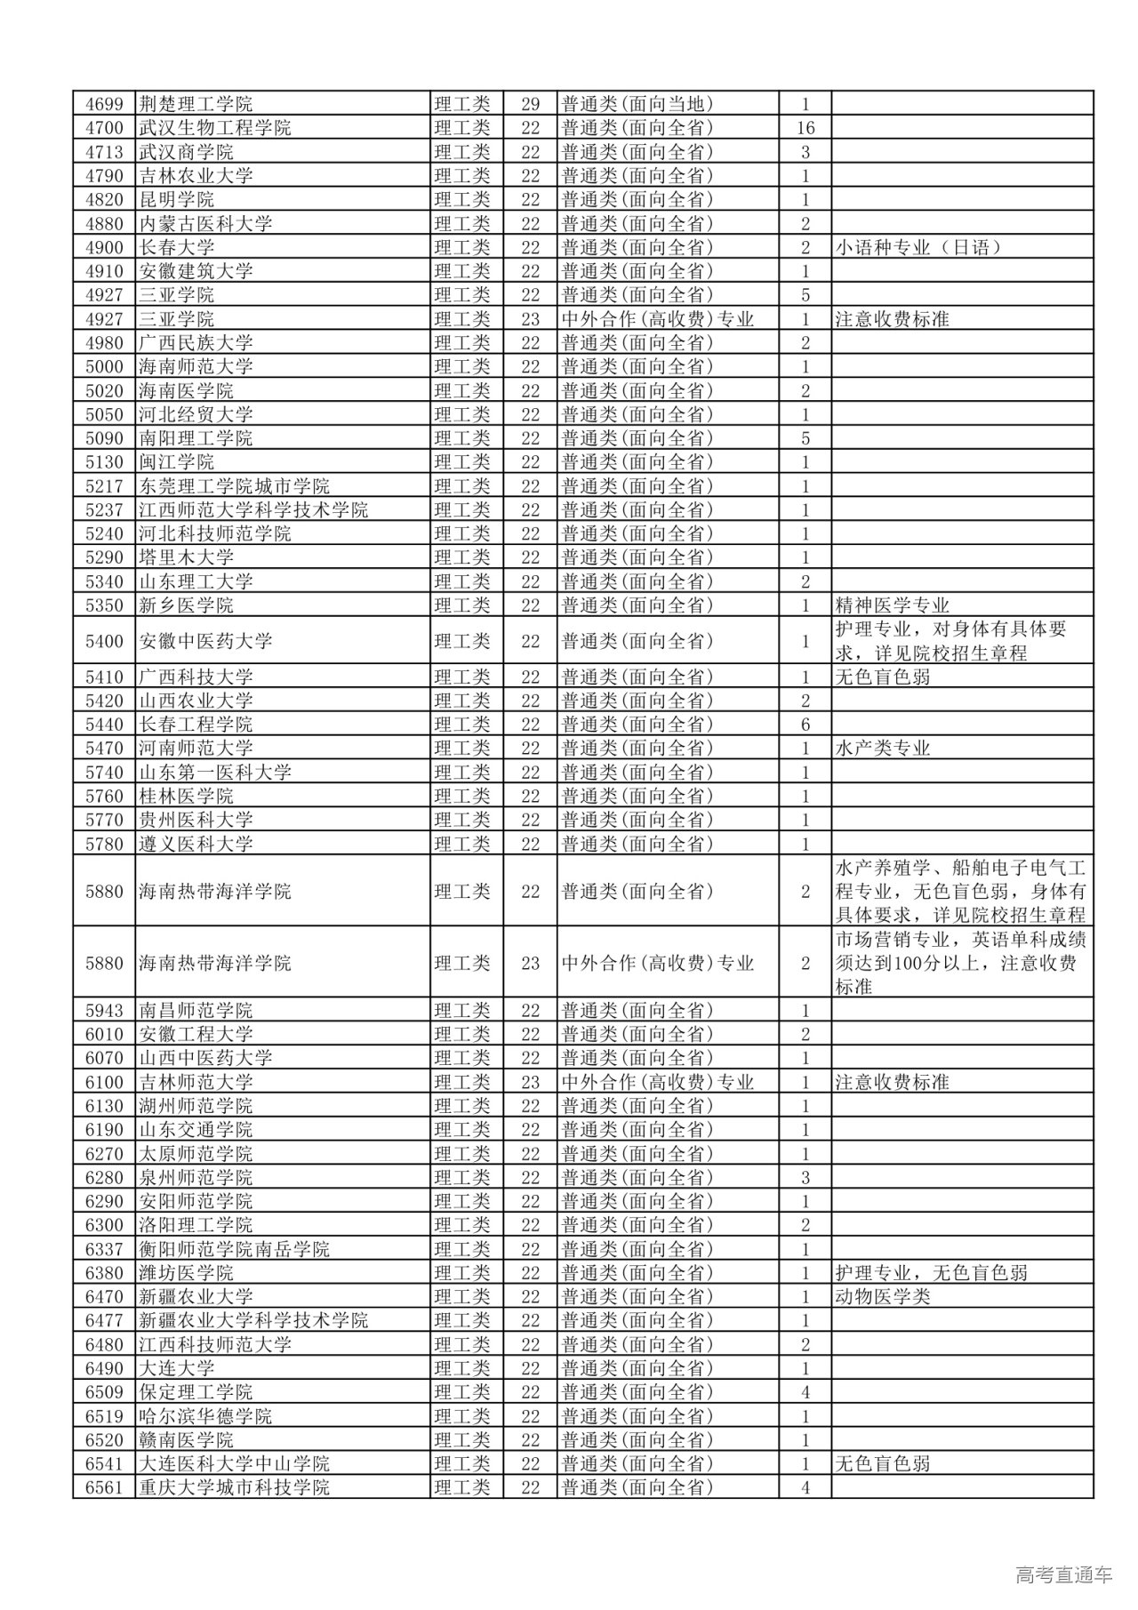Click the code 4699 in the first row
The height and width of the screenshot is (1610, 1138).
click(x=104, y=104)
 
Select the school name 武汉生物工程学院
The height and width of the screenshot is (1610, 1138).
click(x=215, y=128)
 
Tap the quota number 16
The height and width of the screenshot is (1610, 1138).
click(x=805, y=128)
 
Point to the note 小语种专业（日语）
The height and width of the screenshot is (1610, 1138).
click(x=918, y=247)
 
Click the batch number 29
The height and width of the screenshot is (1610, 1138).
click(x=531, y=104)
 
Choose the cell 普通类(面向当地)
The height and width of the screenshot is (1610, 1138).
click(x=637, y=104)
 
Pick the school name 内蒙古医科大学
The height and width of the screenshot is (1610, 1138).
click(x=205, y=223)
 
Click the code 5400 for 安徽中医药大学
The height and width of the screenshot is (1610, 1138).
click(x=104, y=641)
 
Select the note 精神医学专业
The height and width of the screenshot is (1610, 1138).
click(x=892, y=605)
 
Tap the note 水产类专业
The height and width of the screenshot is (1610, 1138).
click(x=883, y=749)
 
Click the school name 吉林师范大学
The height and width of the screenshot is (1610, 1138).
click(x=196, y=1082)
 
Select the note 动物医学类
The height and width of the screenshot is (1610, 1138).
click(x=883, y=1296)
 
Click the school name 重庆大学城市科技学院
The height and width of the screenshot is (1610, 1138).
click(x=234, y=1486)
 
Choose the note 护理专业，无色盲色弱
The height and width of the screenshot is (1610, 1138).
click(x=931, y=1273)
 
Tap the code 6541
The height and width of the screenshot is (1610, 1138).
click(x=104, y=1463)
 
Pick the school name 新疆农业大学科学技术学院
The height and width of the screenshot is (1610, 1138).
click(x=253, y=1320)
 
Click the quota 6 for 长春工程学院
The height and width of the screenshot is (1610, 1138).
click(x=805, y=725)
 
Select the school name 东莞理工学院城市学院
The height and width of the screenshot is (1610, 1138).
click(x=234, y=486)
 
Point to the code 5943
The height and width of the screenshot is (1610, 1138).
click(x=104, y=1011)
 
